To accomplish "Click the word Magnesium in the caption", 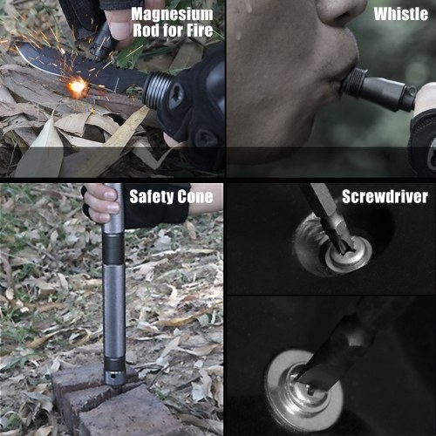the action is pos(172,14).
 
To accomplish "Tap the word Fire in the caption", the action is pos(200,31).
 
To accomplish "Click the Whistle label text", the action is pos(401,14).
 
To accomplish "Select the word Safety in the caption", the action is pos(151,197).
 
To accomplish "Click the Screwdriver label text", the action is pos(385,196).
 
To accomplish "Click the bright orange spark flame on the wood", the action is pos(77,86).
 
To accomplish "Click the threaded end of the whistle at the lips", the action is pos(354,79).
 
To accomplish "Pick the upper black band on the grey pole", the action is pos(113,249).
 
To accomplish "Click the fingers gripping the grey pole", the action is pos(102,203).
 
